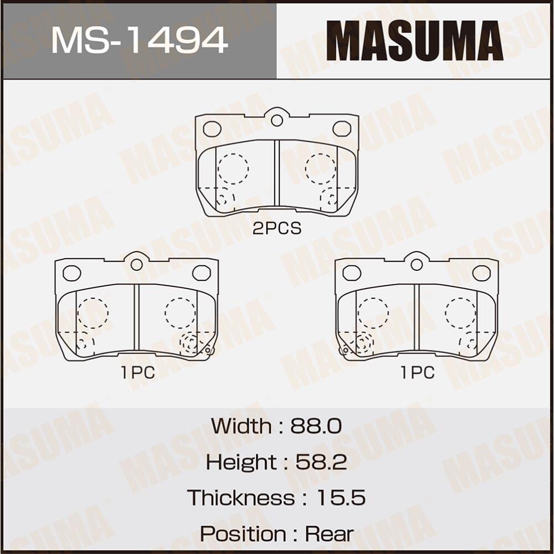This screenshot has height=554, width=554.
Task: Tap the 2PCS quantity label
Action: (276, 228)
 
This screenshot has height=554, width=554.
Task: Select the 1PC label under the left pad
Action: (138, 373)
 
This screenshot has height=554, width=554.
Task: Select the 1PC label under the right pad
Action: (418, 373)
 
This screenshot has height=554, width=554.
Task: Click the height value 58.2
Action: (321, 462)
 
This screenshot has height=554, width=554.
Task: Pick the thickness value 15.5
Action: (341, 497)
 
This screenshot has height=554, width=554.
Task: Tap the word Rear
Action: (329, 534)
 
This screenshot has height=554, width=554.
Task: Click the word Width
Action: (241, 426)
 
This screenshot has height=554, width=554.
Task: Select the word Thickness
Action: (240, 497)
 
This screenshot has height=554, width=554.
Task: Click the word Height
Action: (240, 462)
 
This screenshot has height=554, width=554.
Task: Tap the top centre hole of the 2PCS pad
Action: (277, 120)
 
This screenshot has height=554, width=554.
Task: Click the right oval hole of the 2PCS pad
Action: (342, 129)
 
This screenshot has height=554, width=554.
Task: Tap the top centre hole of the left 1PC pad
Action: (137, 264)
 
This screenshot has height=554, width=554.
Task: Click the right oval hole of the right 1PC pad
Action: (481, 273)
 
